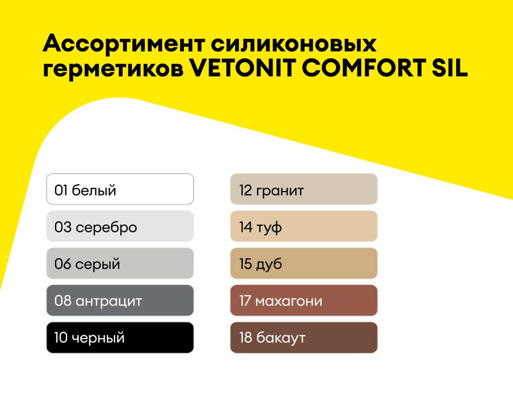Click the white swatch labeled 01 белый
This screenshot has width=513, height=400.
pyautogui.click(x=120, y=189)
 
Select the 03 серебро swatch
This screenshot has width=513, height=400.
pyautogui.click(x=120, y=226)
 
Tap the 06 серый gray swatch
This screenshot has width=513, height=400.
pyautogui.click(x=120, y=263)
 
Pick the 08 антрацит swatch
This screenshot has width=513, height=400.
pyautogui.click(x=120, y=300)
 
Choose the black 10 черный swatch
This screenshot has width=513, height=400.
pyautogui.click(x=120, y=337)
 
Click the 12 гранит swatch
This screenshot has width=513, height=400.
pyautogui.click(x=304, y=189)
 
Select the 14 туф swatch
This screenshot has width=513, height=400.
pyautogui.click(x=304, y=226)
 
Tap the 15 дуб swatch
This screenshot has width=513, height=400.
pyautogui.click(x=304, y=263)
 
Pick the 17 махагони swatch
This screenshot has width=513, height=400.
pyautogui.click(x=304, y=300)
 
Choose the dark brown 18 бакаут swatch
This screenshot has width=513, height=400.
pyautogui.click(x=304, y=337)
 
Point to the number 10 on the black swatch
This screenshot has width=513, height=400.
pyautogui.click(x=61, y=337)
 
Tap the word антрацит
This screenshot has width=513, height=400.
pyautogui.click(x=109, y=301)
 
